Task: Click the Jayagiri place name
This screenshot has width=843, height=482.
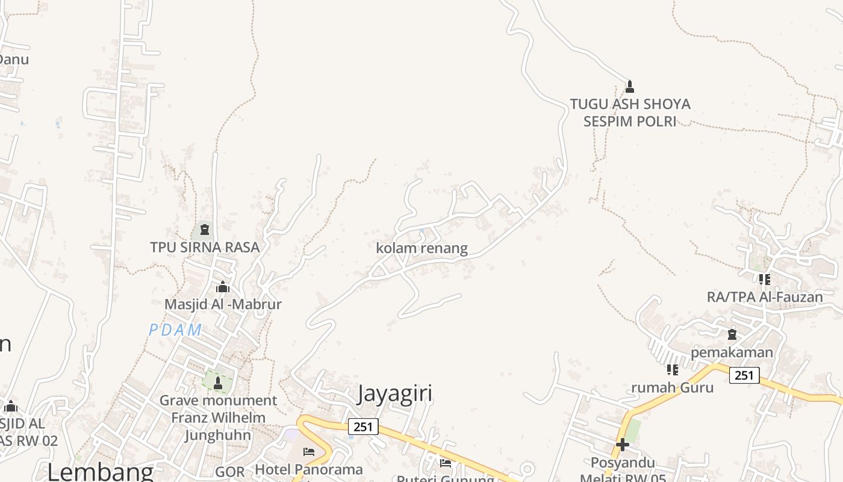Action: point(395,393)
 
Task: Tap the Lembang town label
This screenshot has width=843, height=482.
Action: point(101,471)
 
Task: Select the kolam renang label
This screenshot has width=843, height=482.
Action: point(421,248)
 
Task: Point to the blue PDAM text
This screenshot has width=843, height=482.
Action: point(175,330)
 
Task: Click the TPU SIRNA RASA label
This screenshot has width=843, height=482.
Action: point(205,247)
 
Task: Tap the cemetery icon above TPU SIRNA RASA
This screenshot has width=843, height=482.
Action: point(205,230)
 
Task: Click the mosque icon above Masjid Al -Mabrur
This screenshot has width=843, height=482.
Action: point(223,287)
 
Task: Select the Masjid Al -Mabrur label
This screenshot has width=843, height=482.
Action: point(223,304)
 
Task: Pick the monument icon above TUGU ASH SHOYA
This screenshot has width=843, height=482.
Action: point(630,87)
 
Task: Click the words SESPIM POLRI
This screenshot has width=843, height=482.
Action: point(630,121)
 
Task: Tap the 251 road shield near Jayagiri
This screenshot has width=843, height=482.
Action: point(363,427)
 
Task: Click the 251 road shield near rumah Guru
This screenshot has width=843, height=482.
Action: point(744,375)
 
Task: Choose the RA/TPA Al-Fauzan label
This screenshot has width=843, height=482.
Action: point(765,297)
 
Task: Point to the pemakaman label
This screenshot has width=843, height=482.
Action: point(732,352)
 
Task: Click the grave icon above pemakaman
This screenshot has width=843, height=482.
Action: point(732,334)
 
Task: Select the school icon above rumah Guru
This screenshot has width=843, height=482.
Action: point(673,369)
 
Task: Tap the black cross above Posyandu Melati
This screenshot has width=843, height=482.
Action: point(623,445)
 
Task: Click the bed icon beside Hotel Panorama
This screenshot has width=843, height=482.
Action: point(309,451)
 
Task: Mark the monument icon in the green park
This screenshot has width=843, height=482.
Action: point(218,383)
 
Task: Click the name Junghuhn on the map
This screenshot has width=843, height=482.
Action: point(219,435)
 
